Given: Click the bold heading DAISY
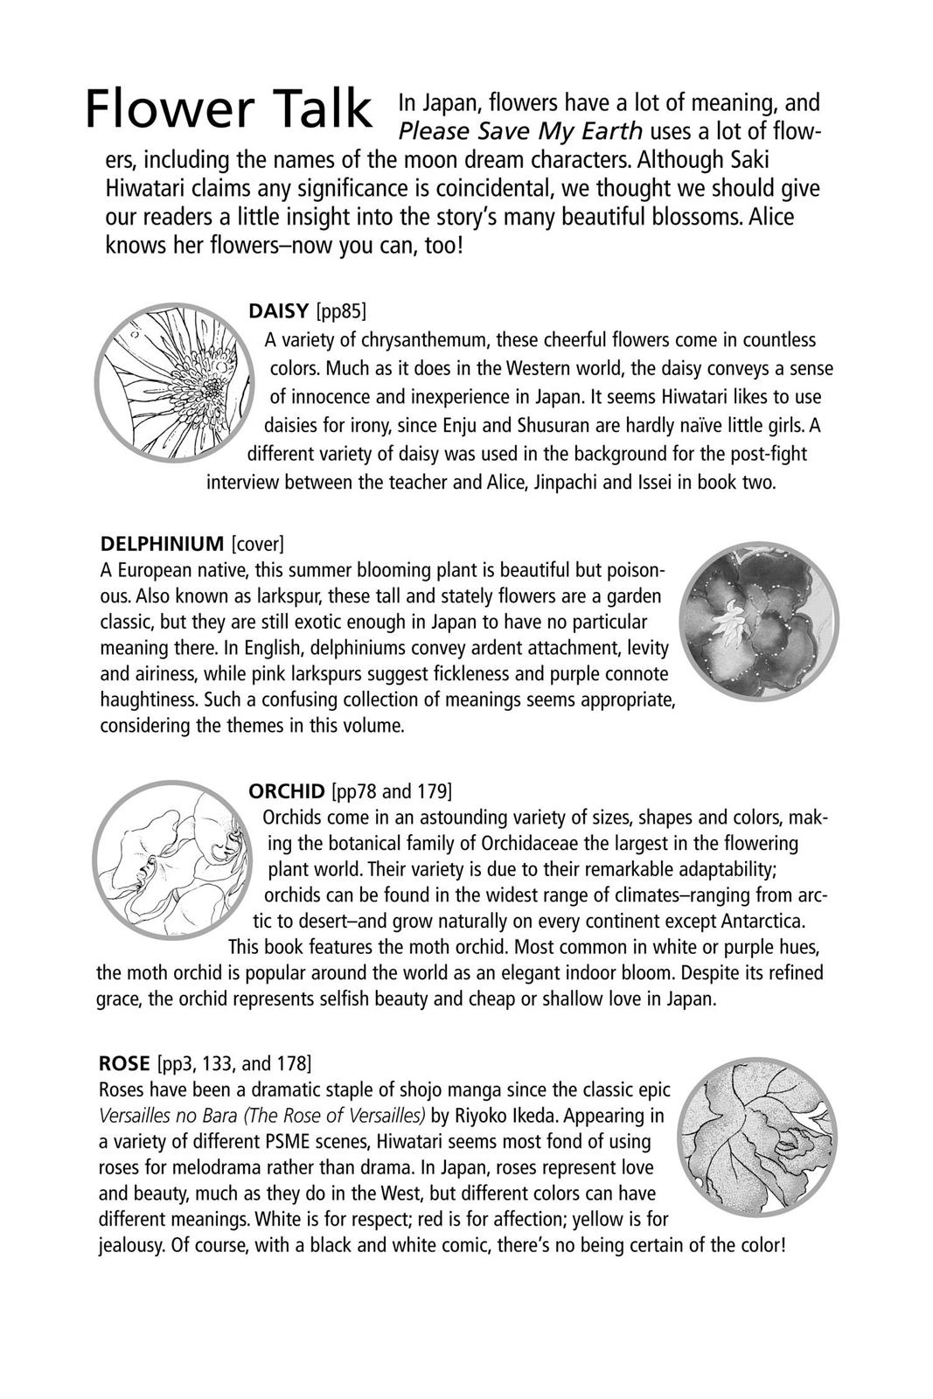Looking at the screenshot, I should point(278,310).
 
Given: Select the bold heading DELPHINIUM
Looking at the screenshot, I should point(163,543).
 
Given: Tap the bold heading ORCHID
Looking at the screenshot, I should point(286,791).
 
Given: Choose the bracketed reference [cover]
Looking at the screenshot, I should point(258,543).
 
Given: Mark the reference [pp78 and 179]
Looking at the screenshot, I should point(392,791).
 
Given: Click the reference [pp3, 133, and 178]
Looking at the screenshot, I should point(234,1063).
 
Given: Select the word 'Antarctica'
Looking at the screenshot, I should point(762,921).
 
